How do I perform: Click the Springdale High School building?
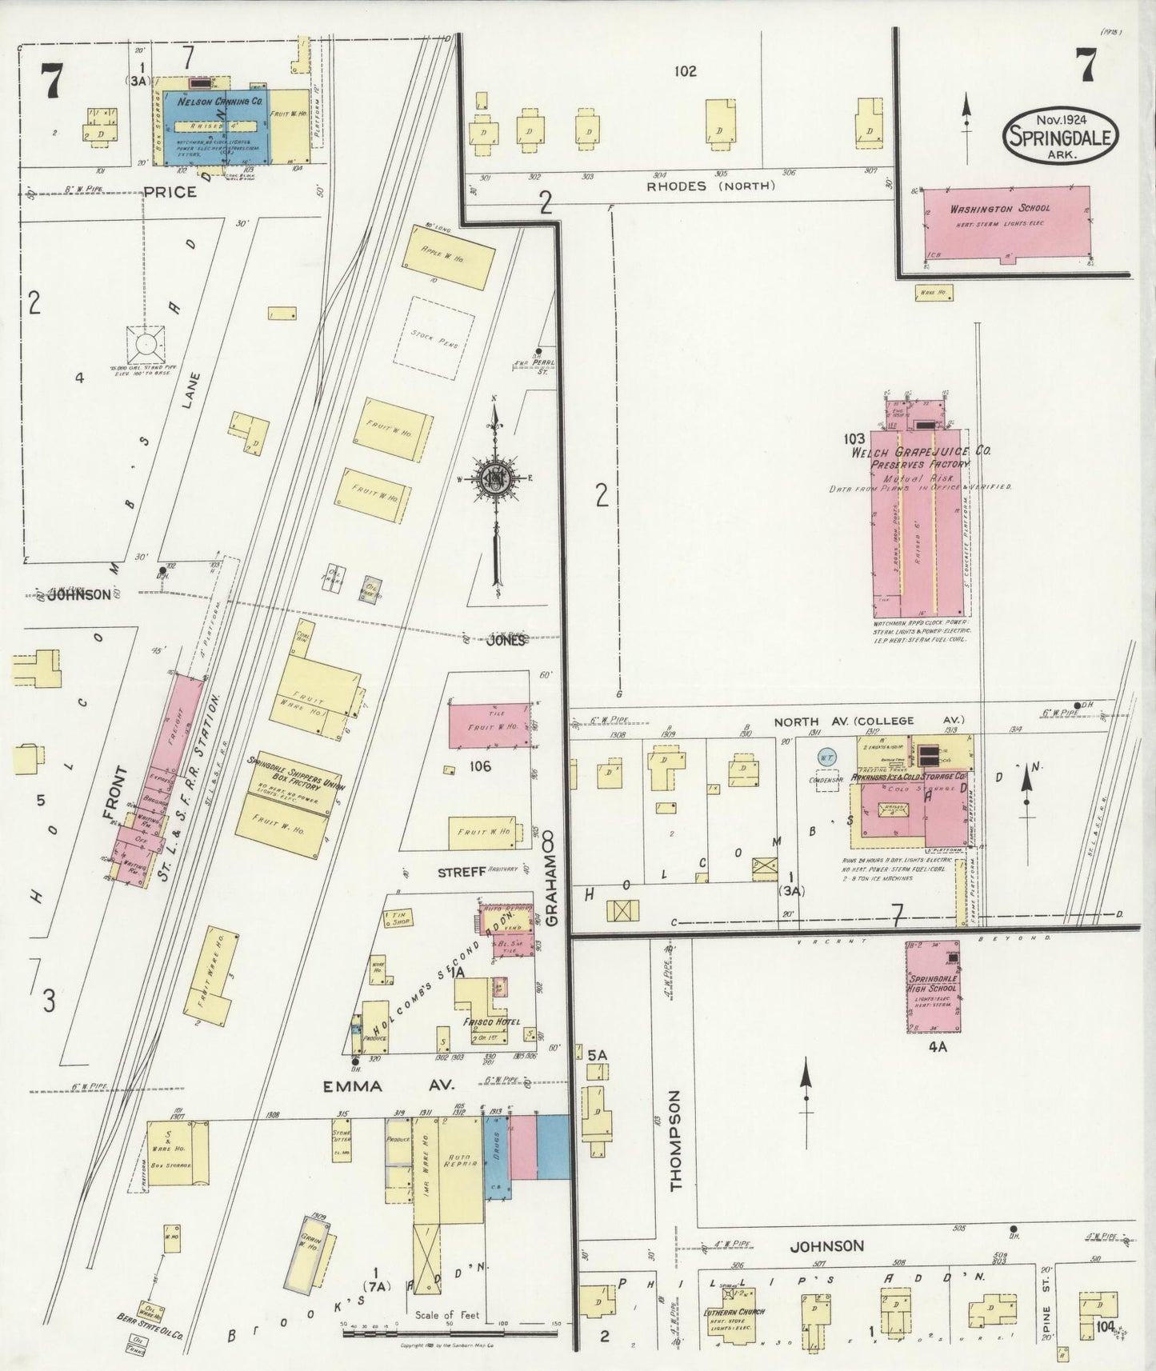pos(933,987)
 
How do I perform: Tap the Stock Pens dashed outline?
pos(434,334)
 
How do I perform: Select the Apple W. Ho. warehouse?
pos(447,258)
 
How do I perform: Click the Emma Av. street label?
pos(388,1085)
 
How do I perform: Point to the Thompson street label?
pos(677,1140)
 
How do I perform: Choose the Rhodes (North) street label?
pos(711,186)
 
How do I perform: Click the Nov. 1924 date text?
pos(1059,118)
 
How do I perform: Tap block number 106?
pos(480,767)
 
